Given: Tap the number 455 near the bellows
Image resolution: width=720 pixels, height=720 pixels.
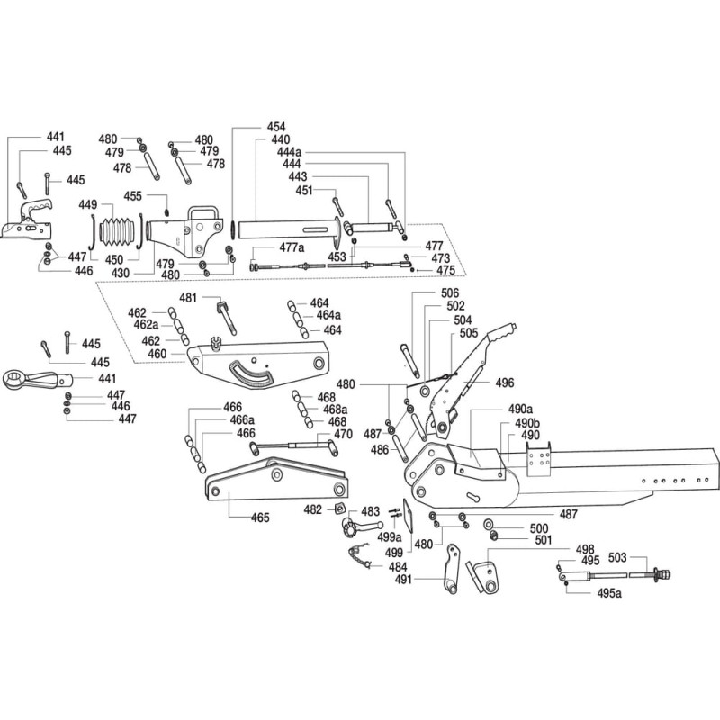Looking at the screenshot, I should (x=132, y=195).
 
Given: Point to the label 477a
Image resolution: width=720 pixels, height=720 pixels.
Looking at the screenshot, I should (x=292, y=246).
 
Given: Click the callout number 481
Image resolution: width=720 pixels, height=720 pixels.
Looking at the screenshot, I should (x=188, y=297).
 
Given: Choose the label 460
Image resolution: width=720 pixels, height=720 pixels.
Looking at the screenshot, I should (x=157, y=354).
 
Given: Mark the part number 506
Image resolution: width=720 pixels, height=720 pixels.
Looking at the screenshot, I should (x=450, y=292).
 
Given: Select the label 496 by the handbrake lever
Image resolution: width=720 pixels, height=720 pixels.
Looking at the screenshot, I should (x=504, y=382).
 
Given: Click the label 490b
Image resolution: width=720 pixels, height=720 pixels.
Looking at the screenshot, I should (x=527, y=422).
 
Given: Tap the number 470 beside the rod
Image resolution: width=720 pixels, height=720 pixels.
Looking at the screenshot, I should (x=343, y=434).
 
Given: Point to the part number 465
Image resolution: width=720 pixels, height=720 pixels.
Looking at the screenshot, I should (x=260, y=517).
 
